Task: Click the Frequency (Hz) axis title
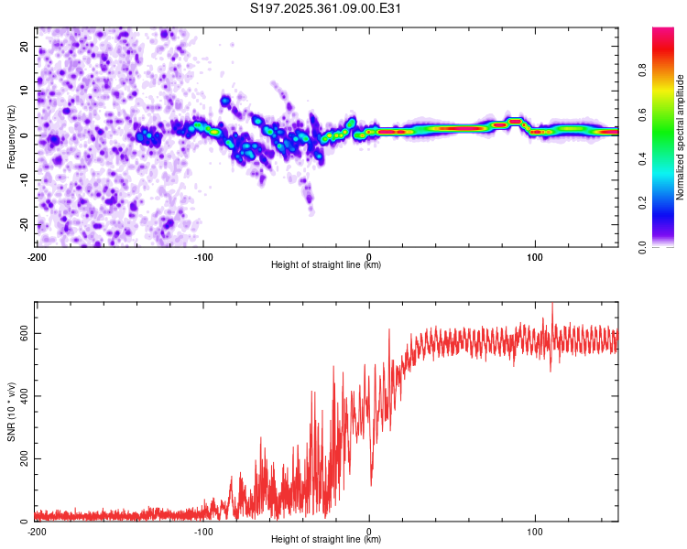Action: point(11,135)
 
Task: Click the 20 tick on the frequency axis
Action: point(25,46)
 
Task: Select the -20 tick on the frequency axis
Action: point(23,224)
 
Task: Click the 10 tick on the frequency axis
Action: point(25,91)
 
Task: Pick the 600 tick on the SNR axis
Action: point(21,333)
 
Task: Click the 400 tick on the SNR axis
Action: point(21,396)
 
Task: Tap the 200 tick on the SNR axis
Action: point(21,458)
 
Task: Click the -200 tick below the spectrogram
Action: point(37,255)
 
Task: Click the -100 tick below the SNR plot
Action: point(202,531)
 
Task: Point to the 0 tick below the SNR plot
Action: point(369,531)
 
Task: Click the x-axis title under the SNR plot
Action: point(326,540)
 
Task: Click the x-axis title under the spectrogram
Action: point(326,264)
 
